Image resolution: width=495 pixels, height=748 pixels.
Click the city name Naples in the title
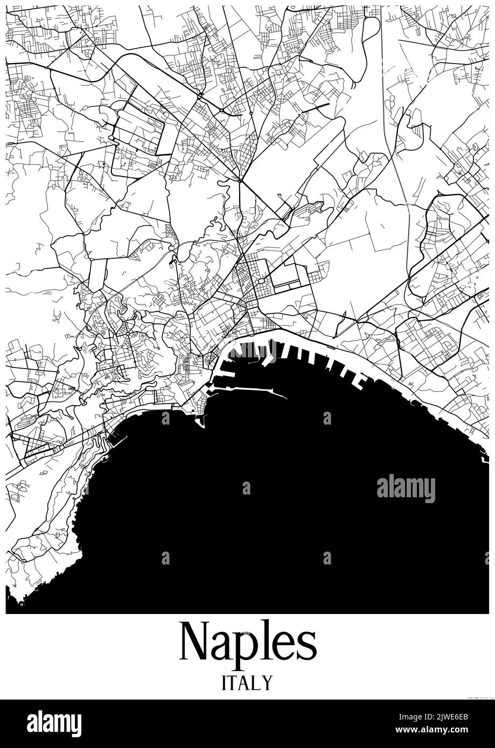pos(247,643)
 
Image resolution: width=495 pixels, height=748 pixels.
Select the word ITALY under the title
pos(247,683)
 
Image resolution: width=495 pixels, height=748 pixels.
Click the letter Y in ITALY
pos(267,683)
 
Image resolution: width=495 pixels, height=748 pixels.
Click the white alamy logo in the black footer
pos(54,724)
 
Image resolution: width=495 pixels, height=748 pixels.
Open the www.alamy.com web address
pos(447,731)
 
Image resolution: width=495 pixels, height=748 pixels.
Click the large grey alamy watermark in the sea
pos(406,488)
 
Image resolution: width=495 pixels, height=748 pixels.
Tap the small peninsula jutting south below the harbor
pos(201,421)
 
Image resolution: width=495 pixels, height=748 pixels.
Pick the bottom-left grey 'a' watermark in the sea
pos(165,558)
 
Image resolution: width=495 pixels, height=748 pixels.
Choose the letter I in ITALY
pos(224,683)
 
